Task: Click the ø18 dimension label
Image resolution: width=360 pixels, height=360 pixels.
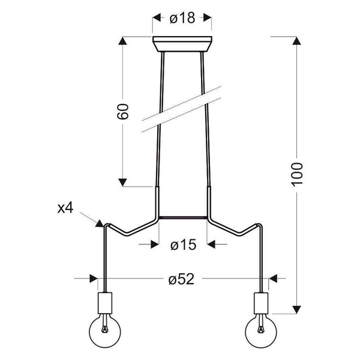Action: pyautogui.click(x=182, y=18)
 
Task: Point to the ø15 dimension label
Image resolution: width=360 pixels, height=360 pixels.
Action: pyautogui.click(x=182, y=244)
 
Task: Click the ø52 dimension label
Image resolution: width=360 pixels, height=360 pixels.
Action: pyautogui.click(x=182, y=278)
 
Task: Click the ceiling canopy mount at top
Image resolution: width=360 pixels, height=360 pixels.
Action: pyautogui.click(x=182, y=44)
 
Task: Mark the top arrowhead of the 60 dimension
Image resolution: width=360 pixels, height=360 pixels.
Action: pyautogui.click(x=122, y=42)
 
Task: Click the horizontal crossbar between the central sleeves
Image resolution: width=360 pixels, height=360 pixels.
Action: pyautogui.click(x=182, y=217)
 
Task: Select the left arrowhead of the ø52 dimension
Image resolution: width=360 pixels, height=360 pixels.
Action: pyautogui.click(x=93, y=278)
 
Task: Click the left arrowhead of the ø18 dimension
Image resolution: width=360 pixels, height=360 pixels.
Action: pyautogui.click(x=157, y=18)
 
